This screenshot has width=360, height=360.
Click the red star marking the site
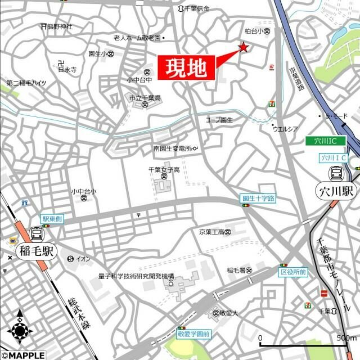(244, 47)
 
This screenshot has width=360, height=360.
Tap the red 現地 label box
(186, 69)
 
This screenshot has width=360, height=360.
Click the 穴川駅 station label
(336, 191)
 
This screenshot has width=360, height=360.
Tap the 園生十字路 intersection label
(258, 199)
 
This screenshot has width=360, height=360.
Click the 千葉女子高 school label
(164, 170)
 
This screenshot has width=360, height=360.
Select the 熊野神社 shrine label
(58, 26)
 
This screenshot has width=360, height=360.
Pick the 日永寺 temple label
(66, 70)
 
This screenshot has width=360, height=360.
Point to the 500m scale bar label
(345, 338)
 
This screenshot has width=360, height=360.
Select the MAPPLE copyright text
(22, 354)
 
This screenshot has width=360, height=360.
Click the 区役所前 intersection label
(294, 272)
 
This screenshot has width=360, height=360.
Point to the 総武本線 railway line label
(75, 314)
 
